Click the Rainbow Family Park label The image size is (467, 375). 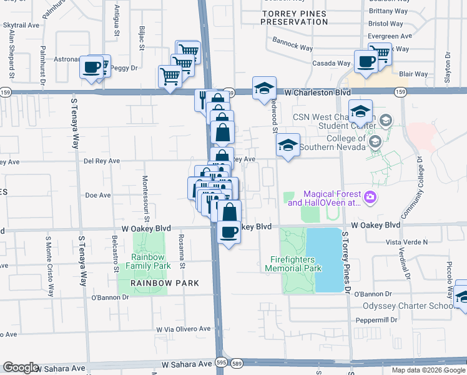point(147,261)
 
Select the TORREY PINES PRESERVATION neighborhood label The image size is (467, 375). point(294,17)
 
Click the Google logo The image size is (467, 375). point(21,367)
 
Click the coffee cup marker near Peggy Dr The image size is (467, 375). point(91,67)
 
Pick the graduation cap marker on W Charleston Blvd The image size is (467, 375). point(265,89)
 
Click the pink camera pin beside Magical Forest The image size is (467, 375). point(371,197)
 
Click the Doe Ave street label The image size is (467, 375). point(97,195)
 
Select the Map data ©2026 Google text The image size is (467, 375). point(428,370)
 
